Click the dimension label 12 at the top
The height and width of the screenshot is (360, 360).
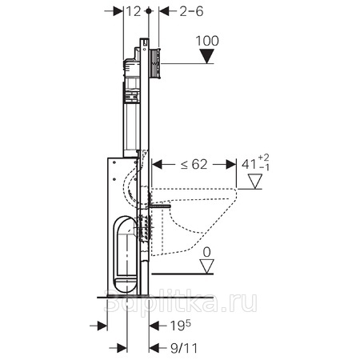coord(133,11)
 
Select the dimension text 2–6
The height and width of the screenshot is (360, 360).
coord(191,11)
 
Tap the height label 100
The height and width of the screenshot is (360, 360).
coord(207,41)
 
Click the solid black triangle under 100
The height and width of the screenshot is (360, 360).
coord(207,56)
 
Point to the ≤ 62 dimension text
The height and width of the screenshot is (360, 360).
coord(194,164)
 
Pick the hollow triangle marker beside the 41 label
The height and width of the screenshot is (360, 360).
coord(255,182)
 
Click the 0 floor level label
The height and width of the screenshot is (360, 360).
coord(206,252)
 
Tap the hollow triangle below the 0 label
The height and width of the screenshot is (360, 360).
coord(207,266)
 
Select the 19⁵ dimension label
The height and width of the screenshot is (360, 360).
coord(181,326)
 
